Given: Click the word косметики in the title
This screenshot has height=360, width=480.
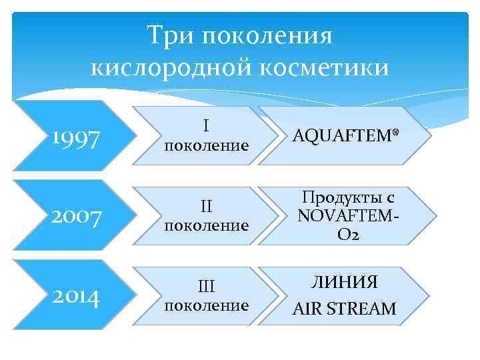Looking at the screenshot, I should pyautogui.click(x=320, y=67).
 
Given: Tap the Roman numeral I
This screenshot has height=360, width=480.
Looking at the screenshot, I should pyautogui.click(x=206, y=125).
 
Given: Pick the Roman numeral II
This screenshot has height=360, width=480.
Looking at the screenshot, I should pyautogui.click(x=206, y=205).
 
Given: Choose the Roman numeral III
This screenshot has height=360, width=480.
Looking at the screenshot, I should pyautogui.click(x=206, y=285).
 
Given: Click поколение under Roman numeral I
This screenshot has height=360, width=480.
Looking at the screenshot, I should pyautogui.click(x=206, y=145).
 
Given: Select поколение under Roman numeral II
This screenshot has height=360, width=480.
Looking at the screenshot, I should pyautogui.click(x=206, y=225).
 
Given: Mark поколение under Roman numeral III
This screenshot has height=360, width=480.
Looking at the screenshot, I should pyautogui.click(x=206, y=305).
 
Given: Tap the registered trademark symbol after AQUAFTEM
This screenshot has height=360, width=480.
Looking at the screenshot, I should pyautogui.click(x=396, y=133).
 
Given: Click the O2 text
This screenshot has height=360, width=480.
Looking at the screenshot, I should pyautogui.click(x=345, y=235).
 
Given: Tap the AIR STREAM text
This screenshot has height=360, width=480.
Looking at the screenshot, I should pyautogui.click(x=345, y=309).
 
